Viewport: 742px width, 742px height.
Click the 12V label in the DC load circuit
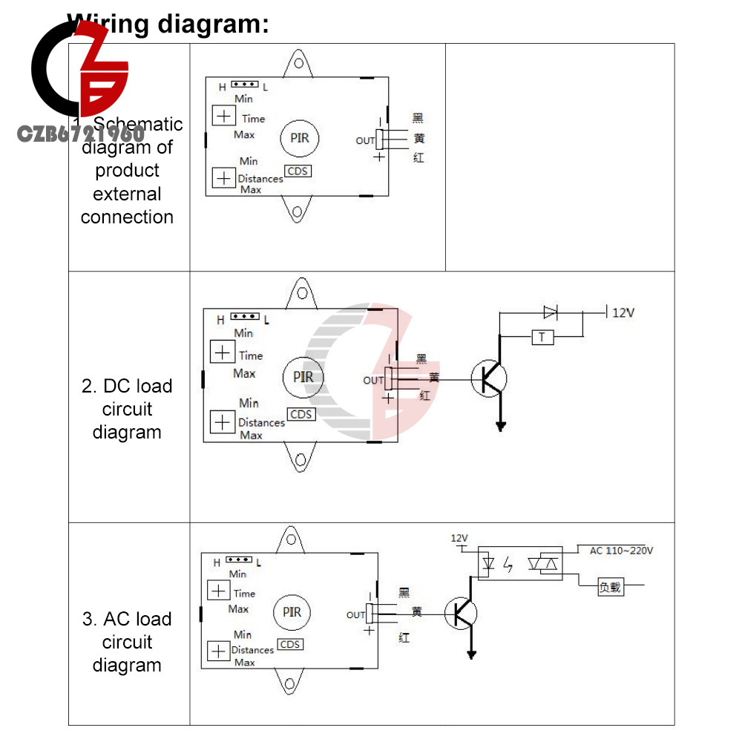(623, 312)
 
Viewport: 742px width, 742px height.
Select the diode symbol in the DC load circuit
(550, 312)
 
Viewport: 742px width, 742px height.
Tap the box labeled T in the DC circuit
(542, 338)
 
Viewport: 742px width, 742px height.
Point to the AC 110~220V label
(621, 551)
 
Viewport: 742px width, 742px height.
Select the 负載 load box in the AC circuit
(611, 588)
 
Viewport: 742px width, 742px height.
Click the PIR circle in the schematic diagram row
(299, 139)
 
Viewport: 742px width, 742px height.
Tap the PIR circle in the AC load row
(292, 612)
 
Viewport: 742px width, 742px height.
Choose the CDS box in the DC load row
(301, 415)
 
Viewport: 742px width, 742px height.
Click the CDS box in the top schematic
(298, 171)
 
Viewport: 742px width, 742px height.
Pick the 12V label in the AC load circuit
(460, 537)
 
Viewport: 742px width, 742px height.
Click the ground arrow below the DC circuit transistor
(501, 426)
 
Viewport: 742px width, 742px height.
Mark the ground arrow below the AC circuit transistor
(471, 654)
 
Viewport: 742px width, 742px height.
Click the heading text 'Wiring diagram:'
(168, 24)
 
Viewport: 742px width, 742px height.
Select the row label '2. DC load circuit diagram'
(127, 409)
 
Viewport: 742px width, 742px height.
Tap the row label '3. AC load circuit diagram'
(127, 642)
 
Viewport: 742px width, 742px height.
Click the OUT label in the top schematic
(365, 140)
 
